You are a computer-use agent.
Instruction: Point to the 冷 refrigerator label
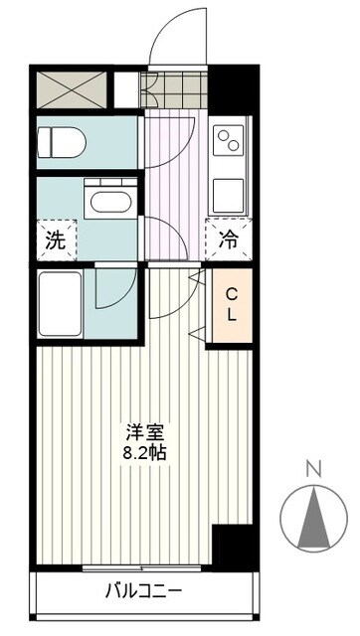point(227,239)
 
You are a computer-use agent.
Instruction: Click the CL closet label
point(230,305)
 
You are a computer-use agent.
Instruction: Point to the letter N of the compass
point(313,468)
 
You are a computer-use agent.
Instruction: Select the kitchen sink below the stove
point(231,189)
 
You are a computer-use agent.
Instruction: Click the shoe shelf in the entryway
point(175,89)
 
